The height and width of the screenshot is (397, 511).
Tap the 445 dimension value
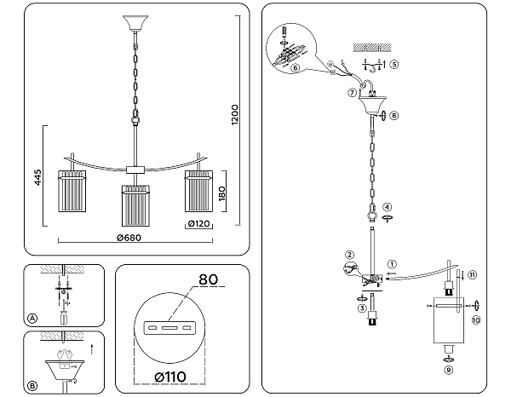[38, 178]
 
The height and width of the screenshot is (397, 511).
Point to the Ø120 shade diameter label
[198, 224]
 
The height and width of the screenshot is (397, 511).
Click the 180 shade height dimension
[221, 194]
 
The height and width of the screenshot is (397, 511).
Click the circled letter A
[32, 318]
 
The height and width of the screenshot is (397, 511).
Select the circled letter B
[32, 386]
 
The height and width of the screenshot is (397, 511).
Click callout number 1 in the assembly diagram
[392, 264]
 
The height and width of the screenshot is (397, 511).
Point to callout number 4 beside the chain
[387, 206]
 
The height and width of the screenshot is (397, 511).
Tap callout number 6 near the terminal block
[295, 68]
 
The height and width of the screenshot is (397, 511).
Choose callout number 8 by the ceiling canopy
[393, 115]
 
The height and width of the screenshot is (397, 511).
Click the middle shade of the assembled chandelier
[135, 204]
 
